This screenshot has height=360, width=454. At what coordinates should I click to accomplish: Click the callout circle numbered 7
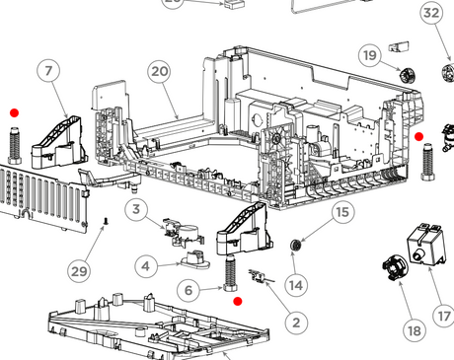coord(48,71)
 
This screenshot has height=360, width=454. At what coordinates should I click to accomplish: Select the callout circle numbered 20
coord(160,72)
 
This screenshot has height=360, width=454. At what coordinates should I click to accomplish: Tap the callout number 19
coord(370,55)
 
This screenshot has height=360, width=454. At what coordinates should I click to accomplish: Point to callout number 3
coord(136,209)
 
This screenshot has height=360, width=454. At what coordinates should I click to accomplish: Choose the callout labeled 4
coord(146,266)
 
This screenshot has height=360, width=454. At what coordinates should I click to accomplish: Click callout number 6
coord(189,290)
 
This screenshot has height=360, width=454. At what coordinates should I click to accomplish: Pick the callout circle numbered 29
coord(79,271)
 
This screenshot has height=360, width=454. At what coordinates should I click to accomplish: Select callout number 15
coord(342,212)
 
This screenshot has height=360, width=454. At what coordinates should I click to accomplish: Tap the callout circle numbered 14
coord(296,285)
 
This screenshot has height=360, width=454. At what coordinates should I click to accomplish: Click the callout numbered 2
coord(296,323)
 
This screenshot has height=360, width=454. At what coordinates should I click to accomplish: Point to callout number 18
coord(415,330)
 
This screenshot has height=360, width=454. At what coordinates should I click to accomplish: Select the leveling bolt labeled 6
coord(230,273)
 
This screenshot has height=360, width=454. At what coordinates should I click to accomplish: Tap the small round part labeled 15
coord(296,246)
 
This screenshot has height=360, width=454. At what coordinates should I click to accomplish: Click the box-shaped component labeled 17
coord(426,244)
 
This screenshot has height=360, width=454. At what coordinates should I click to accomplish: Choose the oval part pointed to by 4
coord(195,259)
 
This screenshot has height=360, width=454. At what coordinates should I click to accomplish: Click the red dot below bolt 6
coord(238,301)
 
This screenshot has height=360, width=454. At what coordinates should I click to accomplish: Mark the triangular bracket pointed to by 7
coord(60,142)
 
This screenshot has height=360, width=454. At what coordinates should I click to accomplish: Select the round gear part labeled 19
coord(408,75)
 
